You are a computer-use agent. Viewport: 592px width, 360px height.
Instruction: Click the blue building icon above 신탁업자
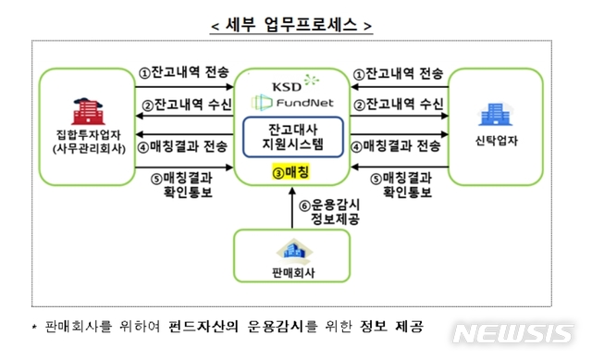pyautogui.click(x=489, y=116)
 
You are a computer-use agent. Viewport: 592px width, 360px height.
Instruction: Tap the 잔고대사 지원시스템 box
pyautogui.click(x=291, y=137)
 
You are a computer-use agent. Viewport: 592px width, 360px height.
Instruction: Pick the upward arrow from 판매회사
pyautogui.click(x=292, y=208)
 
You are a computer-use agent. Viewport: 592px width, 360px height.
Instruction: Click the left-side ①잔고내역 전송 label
pyautogui.click(x=182, y=72)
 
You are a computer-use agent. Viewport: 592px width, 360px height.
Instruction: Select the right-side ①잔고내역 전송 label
pyautogui.click(x=401, y=72)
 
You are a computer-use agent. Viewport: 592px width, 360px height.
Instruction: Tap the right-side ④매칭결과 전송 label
pyautogui.click(x=401, y=145)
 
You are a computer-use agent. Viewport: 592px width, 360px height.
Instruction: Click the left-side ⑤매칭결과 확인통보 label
pyautogui.click(x=183, y=185)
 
